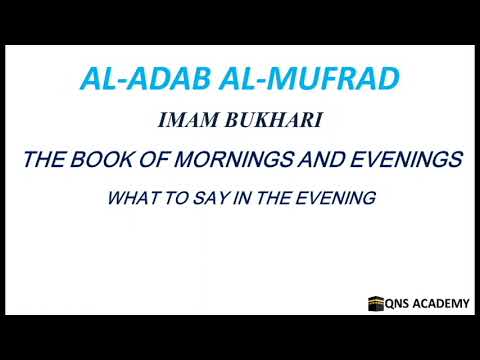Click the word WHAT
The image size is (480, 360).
[x=129, y=198]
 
